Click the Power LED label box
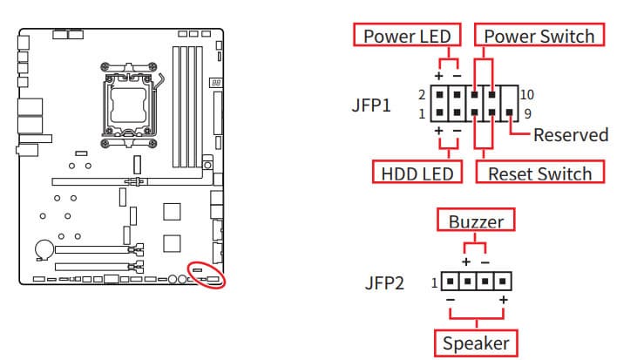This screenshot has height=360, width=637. coord(406,36)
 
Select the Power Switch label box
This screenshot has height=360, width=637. coord(539,36)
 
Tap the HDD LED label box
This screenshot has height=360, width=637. coord(417,173)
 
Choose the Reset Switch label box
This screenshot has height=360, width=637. coord(539,173)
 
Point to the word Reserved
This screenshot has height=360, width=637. coord(571,135)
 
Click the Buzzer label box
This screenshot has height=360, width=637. coord(476,221)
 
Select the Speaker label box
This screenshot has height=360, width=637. coord(475,343)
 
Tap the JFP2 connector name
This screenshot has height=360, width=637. coord(383,283)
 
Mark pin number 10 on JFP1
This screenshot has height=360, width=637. coord(526,93)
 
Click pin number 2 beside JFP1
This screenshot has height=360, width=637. coord(421,93)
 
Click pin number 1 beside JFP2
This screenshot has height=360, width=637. coord(433,282)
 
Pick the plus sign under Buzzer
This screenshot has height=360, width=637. coord(465,262)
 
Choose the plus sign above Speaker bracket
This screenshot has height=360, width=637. coord(503,302)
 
